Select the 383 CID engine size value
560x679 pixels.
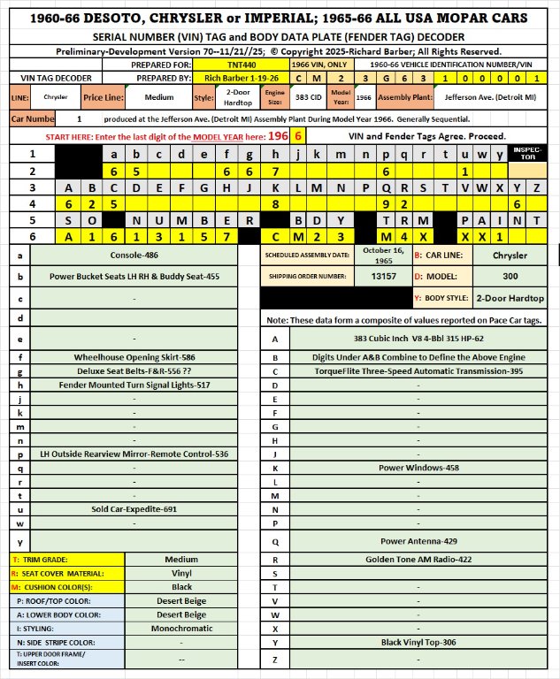tap(301, 97)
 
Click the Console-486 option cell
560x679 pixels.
tap(134, 255)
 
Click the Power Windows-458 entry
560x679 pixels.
tap(411, 467)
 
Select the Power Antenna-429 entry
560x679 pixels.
tap(411, 540)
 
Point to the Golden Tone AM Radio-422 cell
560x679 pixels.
tap(411, 560)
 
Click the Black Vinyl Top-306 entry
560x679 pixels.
tap(411, 642)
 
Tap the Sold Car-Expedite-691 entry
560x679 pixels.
tap(134, 509)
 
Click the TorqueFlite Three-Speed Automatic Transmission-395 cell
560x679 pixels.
tap(411, 371)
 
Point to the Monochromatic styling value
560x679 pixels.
tap(181, 629)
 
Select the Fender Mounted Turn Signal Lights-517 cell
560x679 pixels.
tap(134, 385)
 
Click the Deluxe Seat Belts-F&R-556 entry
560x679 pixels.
tap(134, 371)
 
